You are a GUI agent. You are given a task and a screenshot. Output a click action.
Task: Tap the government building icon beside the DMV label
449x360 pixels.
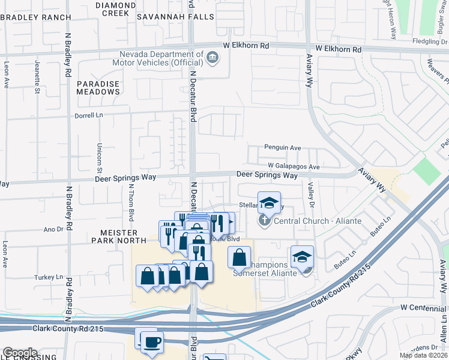[212, 58]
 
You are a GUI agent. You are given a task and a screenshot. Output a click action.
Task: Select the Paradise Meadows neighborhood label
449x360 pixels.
[98, 88]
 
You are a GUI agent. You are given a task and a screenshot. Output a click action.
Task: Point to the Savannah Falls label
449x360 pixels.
[175, 17]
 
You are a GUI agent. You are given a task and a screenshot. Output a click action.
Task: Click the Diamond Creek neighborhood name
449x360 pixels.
[115, 9]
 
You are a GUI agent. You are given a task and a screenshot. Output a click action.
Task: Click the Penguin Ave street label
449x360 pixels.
[283, 148]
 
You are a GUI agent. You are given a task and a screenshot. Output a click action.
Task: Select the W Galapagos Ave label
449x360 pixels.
[294, 166]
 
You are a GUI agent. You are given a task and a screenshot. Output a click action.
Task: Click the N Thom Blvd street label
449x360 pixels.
[130, 205]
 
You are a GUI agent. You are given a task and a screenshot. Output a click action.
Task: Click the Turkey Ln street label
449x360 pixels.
[51, 277]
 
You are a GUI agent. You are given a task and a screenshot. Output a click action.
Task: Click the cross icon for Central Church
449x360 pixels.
[264, 221]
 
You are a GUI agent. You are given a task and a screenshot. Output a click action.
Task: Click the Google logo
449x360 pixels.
[20, 353]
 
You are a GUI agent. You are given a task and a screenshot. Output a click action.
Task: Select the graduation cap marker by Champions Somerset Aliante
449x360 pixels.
[302, 257]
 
